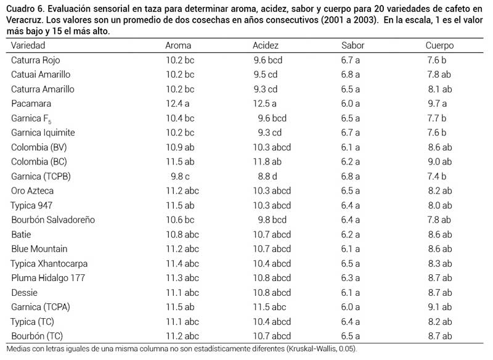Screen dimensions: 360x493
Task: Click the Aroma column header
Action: click(x=178, y=46)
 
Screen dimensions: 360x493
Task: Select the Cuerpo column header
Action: click(x=439, y=46)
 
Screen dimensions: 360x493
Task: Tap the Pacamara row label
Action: click(x=31, y=104)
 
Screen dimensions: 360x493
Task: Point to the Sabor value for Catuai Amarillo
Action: click(x=350, y=75)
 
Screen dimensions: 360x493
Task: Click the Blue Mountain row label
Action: click(x=39, y=249)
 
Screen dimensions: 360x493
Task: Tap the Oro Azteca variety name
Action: click(x=32, y=191)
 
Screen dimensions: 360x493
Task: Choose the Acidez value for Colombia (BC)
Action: click(x=267, y=162)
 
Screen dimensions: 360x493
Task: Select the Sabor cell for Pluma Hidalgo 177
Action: click(x=350, y=278)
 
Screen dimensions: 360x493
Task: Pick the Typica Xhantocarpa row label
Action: click(x=49, y=263)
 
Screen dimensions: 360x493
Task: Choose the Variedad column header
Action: click(x=28, y=46)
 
